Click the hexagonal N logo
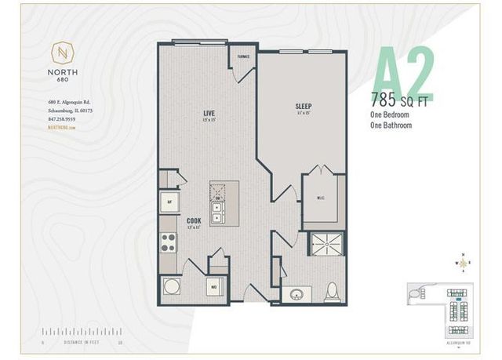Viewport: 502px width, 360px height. pos(61,53)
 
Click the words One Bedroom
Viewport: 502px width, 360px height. pos(391,114)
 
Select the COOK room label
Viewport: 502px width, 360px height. pos(194,221)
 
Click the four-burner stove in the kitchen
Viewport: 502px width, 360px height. pos(169,243)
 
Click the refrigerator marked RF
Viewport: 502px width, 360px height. pos(169,202)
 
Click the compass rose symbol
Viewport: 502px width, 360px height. pos(463,263)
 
